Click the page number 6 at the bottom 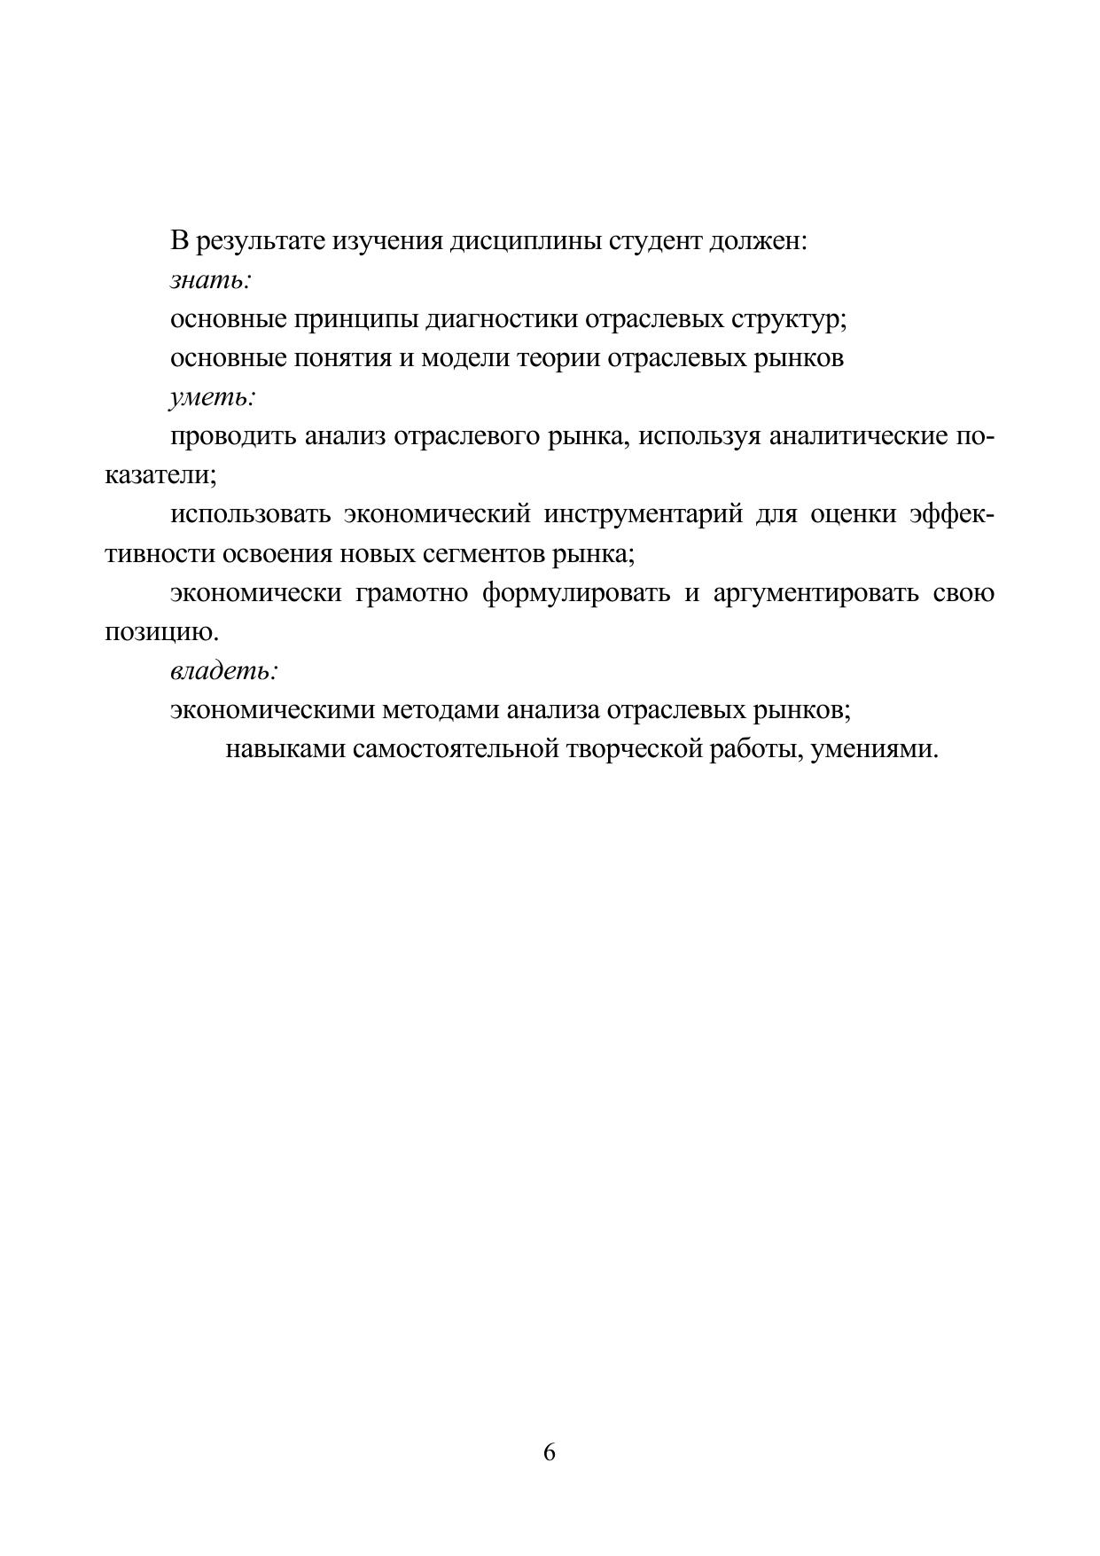[549, 1452]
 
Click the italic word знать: [211, 280]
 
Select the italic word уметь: [213, 397]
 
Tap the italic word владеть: [224, 671]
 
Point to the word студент [656, 241]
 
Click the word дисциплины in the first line [527, 241]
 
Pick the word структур [788, 319]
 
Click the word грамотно [411, 592]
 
